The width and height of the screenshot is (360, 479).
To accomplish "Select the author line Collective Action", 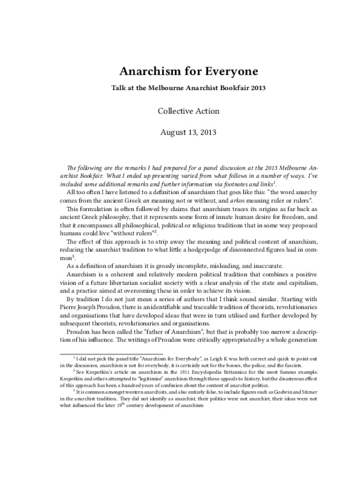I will pyautogui.click(x=180, y=111).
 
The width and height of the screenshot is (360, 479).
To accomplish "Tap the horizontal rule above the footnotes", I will pyautogui.click(x=111, y=353).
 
